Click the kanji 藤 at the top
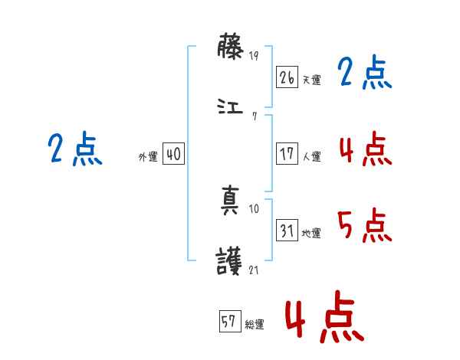[231, 49]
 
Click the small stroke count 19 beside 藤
[255, 55]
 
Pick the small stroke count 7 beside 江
[254, 116]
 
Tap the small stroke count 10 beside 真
[255, 209]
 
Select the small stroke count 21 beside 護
[255, 269]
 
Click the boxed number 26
[287, 77]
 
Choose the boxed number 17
[287, 154]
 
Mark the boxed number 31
[287, 231]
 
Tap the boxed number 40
[173, 154]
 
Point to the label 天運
[311, 80]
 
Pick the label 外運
[148, 157]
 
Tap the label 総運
[255, 325]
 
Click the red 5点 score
[364, 224]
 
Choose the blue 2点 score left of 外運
[74, 149]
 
